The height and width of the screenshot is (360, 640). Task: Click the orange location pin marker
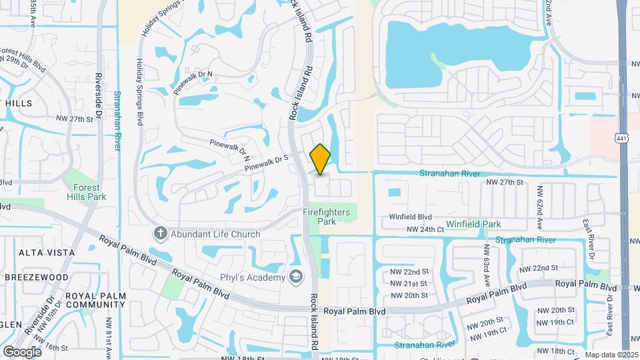click(x=321, y=159)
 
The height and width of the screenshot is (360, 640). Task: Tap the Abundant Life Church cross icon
click(x=159, y=233)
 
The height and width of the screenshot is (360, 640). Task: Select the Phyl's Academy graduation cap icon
click(x=295, y=277)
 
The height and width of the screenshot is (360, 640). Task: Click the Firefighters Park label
click(x=327, y=217)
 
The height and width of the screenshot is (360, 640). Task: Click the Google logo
click(x=22, y=351)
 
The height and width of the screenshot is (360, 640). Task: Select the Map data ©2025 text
click(x=611, y=355)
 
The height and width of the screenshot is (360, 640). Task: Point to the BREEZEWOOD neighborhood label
click(x=38, y=277)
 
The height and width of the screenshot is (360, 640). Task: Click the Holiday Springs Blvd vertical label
click(x=140, y=91)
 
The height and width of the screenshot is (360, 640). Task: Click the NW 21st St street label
click(x=409, y=284)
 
